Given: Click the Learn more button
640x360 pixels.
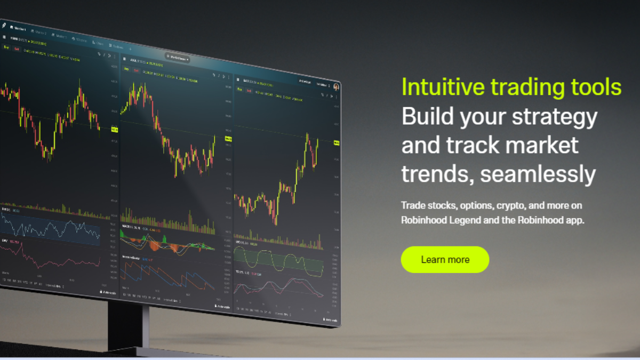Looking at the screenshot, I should pyautogui.click(x=445, y=260).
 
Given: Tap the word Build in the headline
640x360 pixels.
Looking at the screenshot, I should pyautogui.click(x=425, y=116).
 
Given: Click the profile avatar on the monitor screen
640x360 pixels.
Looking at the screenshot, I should pyautogui.click(x=337, y=86).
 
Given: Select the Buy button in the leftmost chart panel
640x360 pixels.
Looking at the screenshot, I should pyautogui.click(x=6, y=47).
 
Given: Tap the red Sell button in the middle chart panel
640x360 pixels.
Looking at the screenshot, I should pyautogui.click(x=136, y=70).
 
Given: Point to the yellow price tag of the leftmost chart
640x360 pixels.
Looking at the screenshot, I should pyautogui.click(x=114, y=130).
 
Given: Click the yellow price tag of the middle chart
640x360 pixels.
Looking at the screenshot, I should pyautogui.click(x=228, y=139).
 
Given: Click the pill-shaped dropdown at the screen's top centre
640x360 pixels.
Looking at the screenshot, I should pyautogui.click(x=178, y=58).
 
